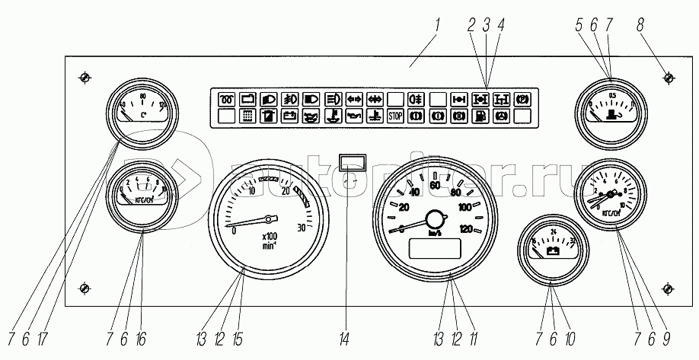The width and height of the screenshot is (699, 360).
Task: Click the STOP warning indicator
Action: coord(395,116)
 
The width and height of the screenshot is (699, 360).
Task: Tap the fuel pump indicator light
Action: coord(480,116)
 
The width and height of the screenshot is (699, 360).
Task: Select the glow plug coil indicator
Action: coord(228,99)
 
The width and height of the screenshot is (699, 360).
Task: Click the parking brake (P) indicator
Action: coord(522,99)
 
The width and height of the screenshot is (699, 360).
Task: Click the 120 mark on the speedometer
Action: coord(466,229)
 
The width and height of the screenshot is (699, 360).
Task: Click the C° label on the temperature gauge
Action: coord(143,116)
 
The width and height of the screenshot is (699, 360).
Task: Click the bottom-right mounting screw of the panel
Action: coord(667,289)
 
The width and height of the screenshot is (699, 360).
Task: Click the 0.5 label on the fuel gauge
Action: coord(613,94)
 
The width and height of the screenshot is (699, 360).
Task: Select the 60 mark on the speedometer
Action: coord(436,185)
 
